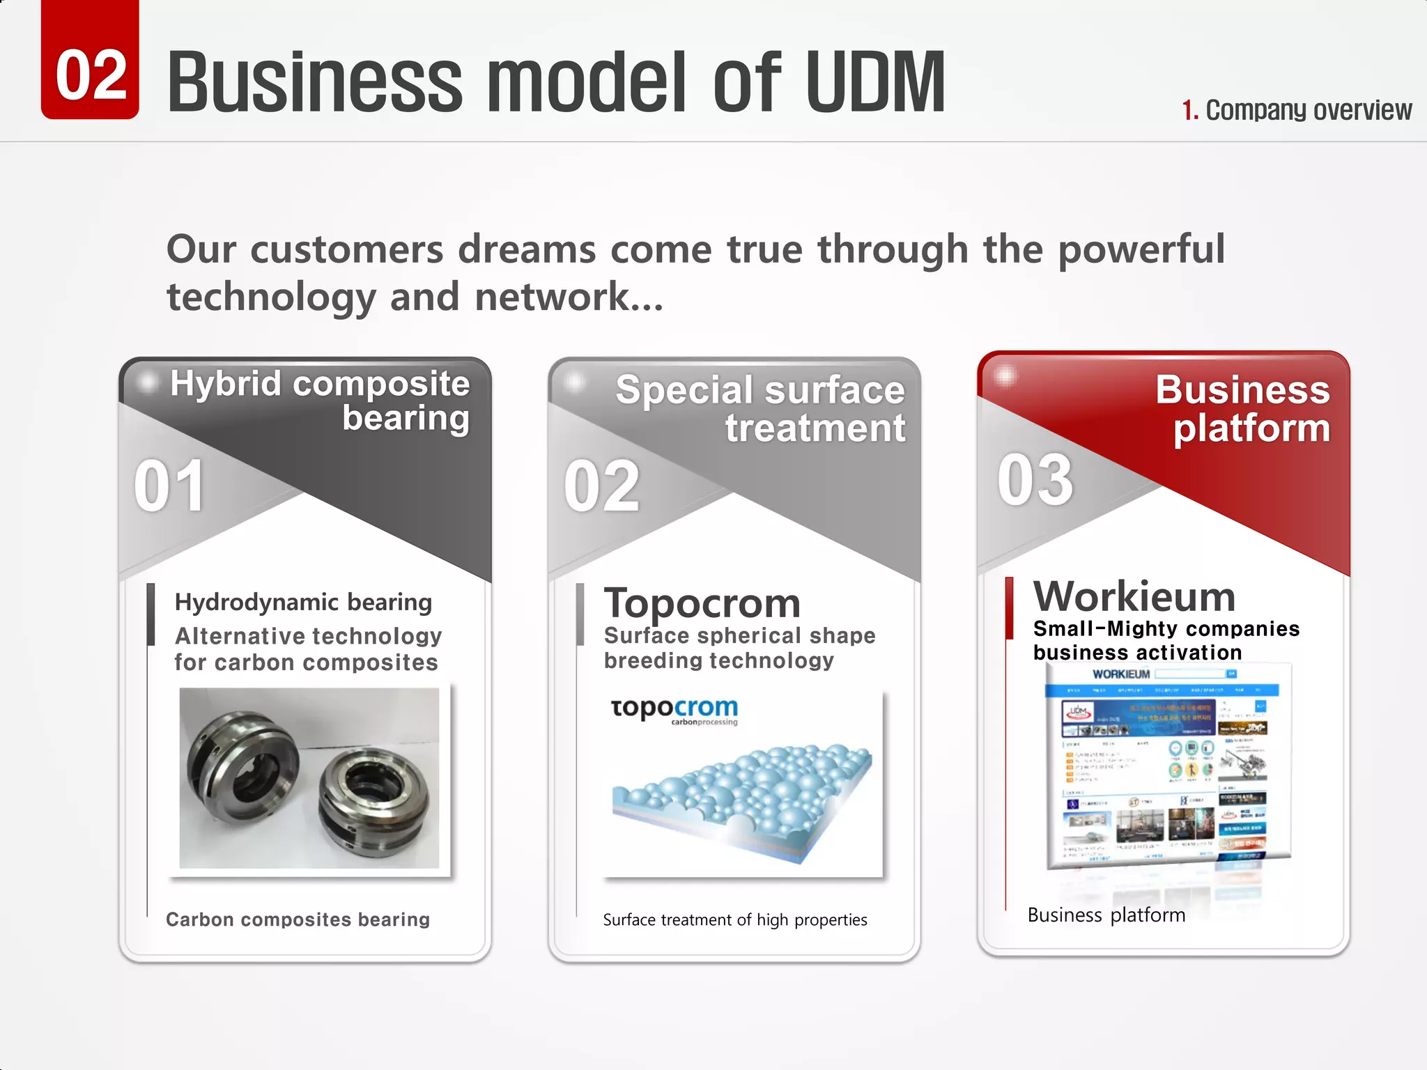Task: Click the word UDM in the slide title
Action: pyautogui.click(x=875, y=82)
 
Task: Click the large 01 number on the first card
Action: pyautogui.click(x=169, y=486)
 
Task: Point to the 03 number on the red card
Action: pyautogui.click(x=1035, y=480)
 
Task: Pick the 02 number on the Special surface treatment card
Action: pyautogui.click(x=601, y=486)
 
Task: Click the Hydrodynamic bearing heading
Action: pyautogui.click(x=303, y=602)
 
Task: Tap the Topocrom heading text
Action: pyautogui.click(x=702, y=603)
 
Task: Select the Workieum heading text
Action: pyautogui.click(x=1134, y=596)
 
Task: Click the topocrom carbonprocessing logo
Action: pyautogui.click(x=674, y=710)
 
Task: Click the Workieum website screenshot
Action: pyautogui.click(x=1168, y=766)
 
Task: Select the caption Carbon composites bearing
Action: pyautogui.click(x=298, y=920)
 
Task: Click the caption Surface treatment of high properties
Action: pyautogui.click(x=735, y=920)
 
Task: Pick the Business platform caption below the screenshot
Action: pyautogui.click(x=1106, y=915)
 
